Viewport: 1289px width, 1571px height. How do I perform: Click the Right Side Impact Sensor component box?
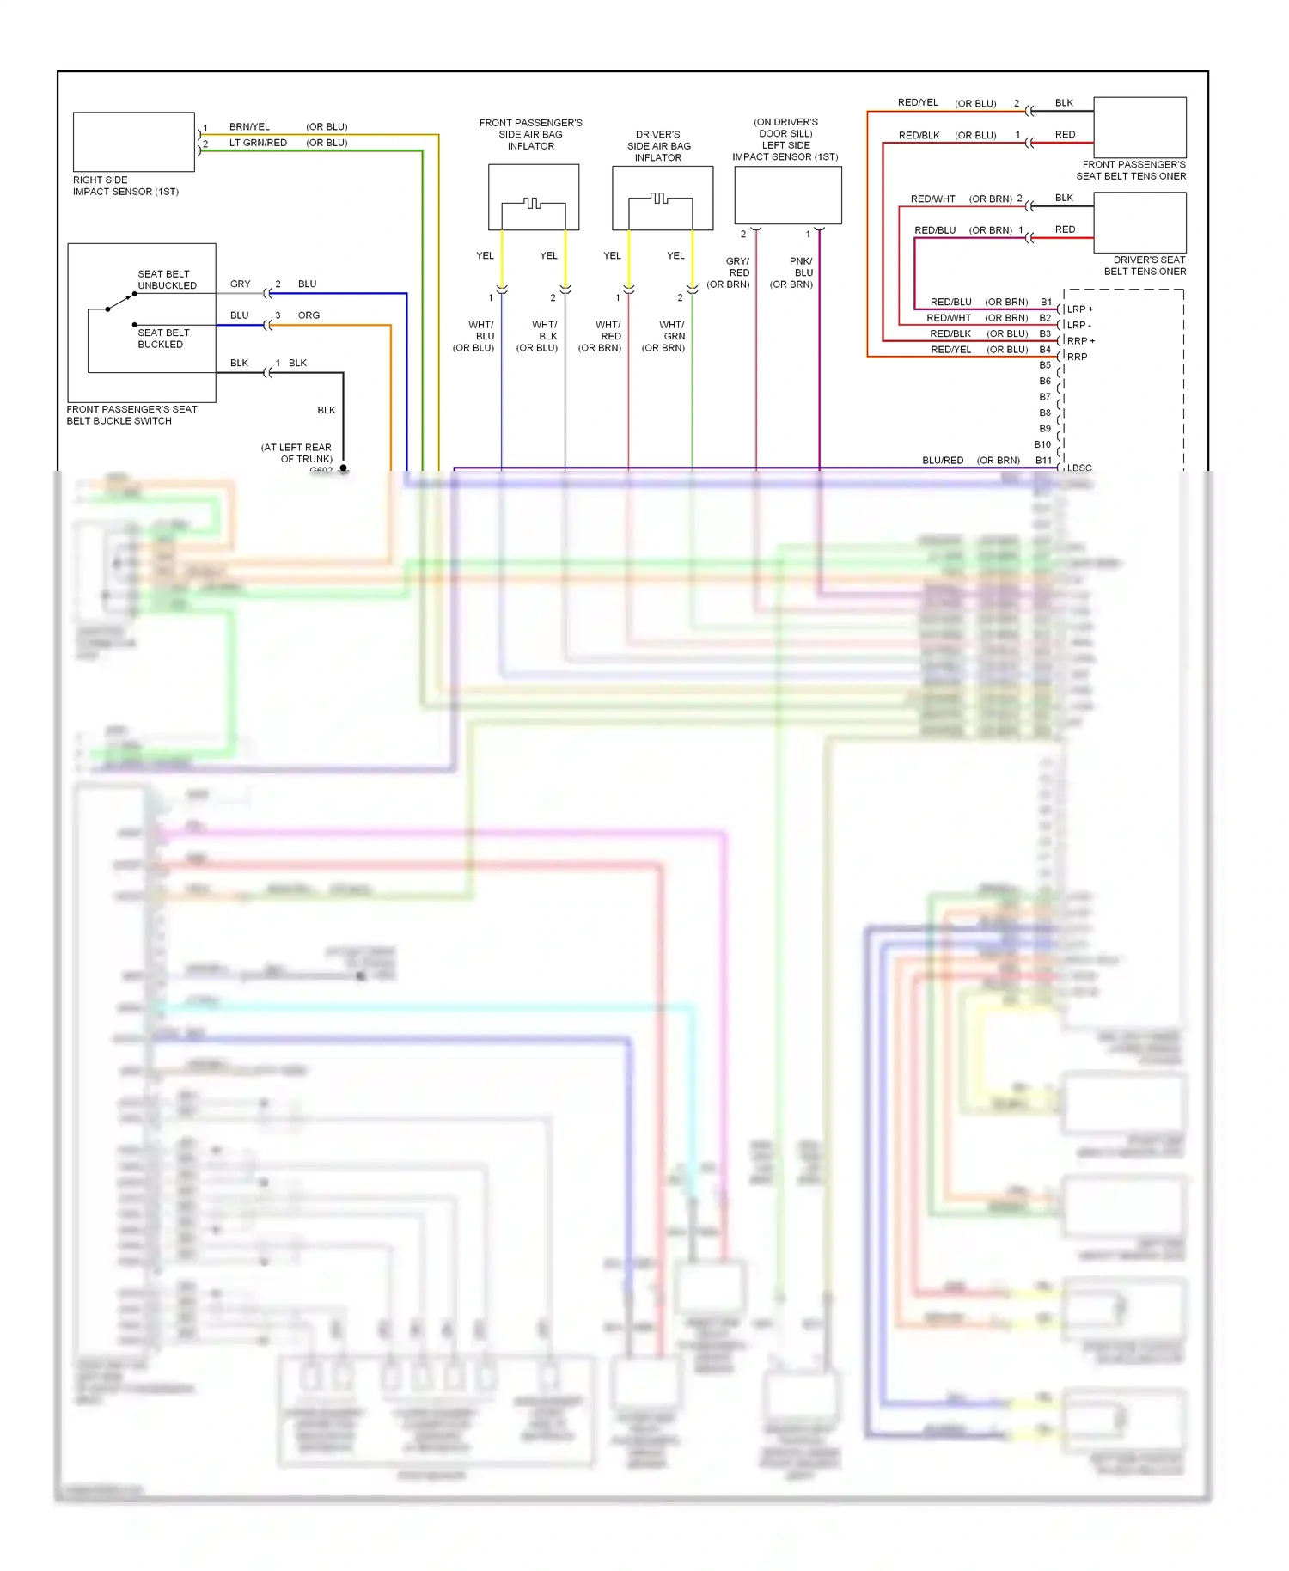click(x=133, y=142)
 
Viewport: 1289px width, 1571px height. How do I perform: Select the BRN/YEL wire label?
click(x=249, y=127)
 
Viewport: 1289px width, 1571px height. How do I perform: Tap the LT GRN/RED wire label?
click(x=258, y=143)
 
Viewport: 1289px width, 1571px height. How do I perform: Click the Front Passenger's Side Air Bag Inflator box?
click(x=533, y=197)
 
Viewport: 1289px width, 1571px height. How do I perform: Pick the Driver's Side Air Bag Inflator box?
click(x=662, y=198)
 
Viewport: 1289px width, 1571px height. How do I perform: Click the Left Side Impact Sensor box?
click(x=787, y=195)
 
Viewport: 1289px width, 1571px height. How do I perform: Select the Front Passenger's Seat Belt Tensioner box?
click(x=1139, y=127)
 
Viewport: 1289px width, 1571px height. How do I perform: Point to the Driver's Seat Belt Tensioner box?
click(x=1139, y=222)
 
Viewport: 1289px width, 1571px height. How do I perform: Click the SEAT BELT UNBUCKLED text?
click(x=167, y=279)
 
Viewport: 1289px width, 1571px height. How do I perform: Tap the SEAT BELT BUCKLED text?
click(x=163, y=339)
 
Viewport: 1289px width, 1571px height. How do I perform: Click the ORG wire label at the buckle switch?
click(x=309, y=315)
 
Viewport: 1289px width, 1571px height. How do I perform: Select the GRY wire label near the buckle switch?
click(x=240, y=284)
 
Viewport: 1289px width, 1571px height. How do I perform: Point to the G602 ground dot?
click(x=343, y=468)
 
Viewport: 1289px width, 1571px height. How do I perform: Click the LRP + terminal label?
click(x=1080, y=309)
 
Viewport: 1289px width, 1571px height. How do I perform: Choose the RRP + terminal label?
click(x=1080, y=341)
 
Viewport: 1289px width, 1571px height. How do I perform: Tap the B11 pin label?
click(x=1043, y=461)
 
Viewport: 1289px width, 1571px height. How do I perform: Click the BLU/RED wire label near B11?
click(x=943, y=461)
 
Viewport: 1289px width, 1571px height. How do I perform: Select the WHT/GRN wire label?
click(x=673, y=336)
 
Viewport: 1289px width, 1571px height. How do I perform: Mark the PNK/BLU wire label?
click(x=802, y=266)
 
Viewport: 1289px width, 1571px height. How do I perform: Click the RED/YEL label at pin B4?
click(x=950, y=350)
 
